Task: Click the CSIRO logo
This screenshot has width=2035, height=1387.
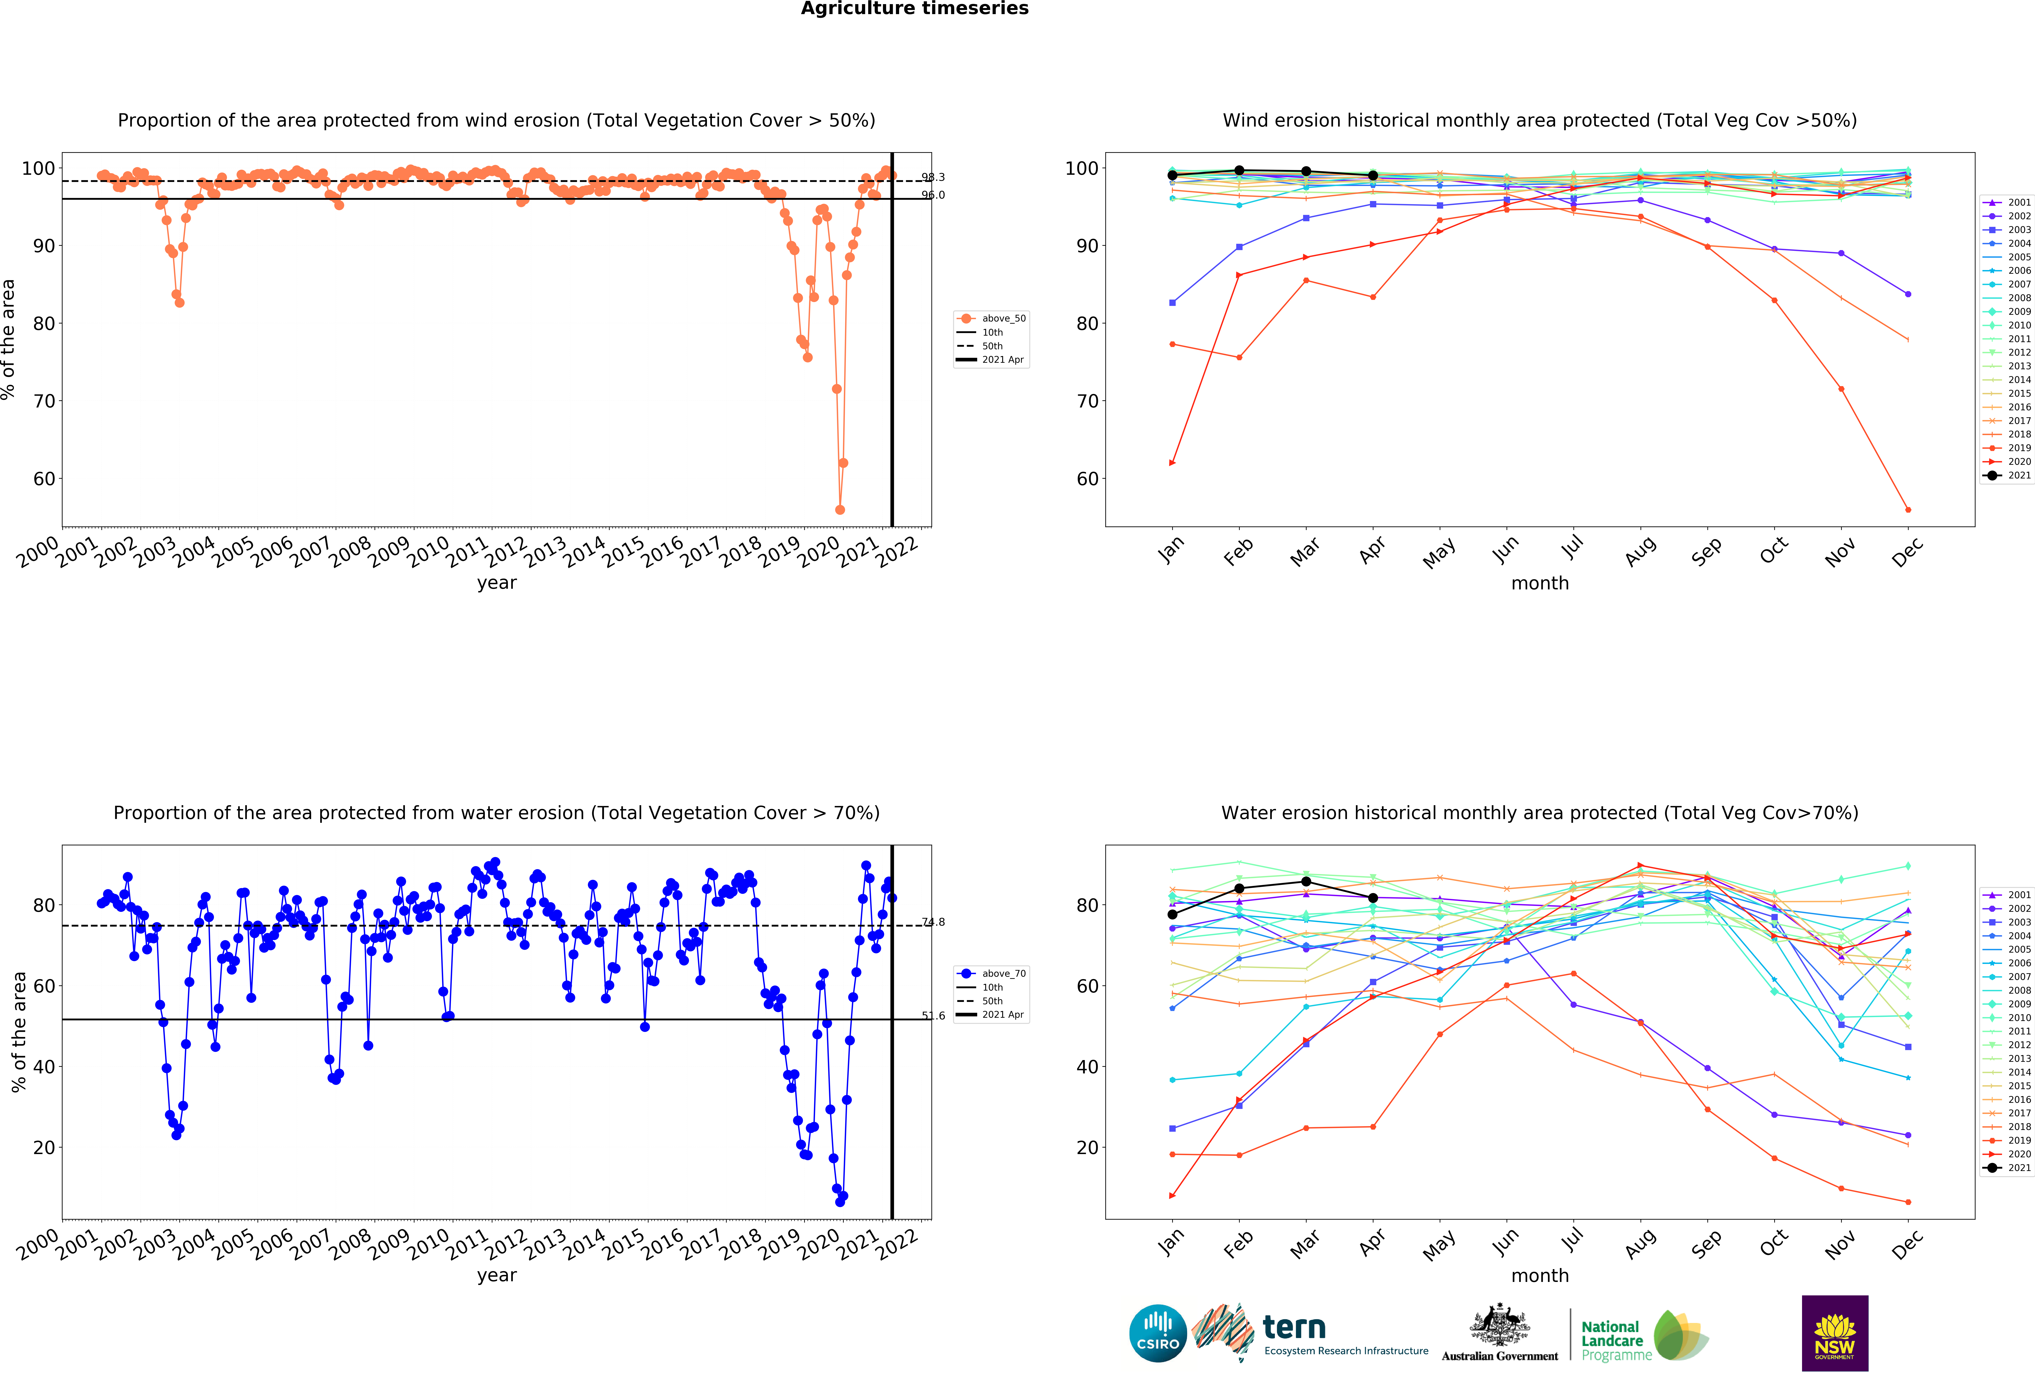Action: [1158, 1334]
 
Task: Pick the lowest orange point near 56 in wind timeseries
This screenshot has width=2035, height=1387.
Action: [840, 510]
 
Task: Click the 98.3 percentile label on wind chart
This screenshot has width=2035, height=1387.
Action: [933, 177]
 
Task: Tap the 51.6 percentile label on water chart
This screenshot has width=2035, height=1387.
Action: [933, 1016]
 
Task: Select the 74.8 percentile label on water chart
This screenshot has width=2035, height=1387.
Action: [933, 922]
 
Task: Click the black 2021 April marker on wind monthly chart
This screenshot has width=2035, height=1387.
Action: [1373, 176]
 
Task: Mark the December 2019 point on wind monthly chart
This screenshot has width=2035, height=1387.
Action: [1908, 510]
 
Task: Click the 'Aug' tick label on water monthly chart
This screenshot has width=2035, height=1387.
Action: [1640, 1242]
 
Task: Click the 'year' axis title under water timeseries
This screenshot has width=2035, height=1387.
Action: [497, 1275]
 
